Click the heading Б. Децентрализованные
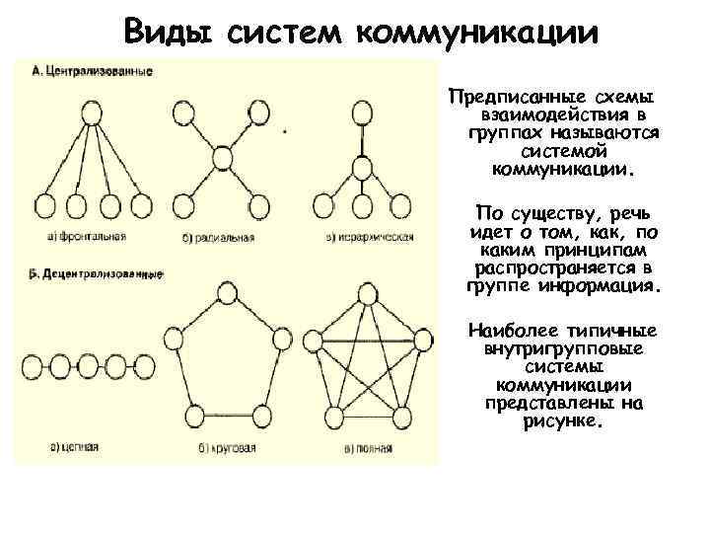[x=96, y=275]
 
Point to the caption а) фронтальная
[x=84, y=237]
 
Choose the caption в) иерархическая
[x=368, y=237]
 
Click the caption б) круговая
[x=220, y=447]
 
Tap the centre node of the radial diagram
[x=222, y=156]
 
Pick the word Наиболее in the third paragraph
[x=513, y=330]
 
